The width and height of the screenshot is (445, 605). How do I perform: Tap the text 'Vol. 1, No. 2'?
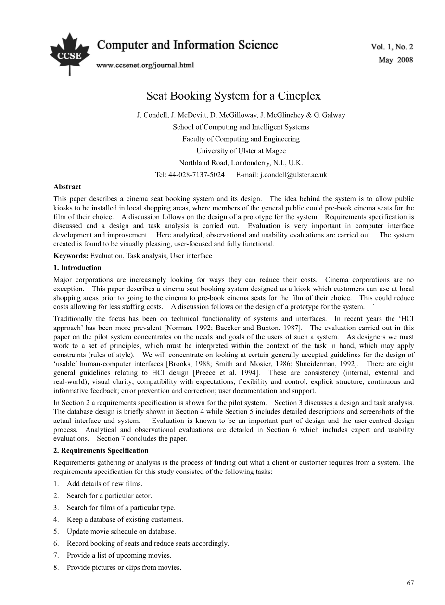392,47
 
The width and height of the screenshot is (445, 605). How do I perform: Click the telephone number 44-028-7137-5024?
196,175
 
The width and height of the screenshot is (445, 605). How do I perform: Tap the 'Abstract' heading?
67,187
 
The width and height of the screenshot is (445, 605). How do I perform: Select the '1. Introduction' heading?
77,268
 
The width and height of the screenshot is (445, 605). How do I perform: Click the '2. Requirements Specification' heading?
101,451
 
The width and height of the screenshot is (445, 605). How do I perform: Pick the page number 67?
410,583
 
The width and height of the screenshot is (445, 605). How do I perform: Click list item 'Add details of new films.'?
104,484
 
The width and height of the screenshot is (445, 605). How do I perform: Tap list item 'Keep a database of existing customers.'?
125,520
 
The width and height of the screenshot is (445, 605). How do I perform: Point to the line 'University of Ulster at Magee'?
241,151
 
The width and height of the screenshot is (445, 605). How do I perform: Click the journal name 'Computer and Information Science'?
188,46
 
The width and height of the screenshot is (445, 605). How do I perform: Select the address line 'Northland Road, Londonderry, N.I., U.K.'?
241,163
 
